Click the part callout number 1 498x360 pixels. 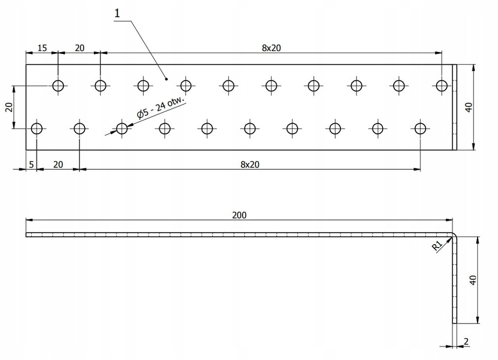pyautogui.click(x=117, y=13)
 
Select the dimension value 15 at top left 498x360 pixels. pyautogui.click(x=42, y=48)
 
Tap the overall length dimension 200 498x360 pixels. pyautogui.click(x=239, y=215)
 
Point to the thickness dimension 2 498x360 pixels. pyautogui.click(x=466, y=342)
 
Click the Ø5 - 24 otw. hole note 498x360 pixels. pyautogui.click(x=161, y=108)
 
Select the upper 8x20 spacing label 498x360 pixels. pyautogui.click(x=271, y=48)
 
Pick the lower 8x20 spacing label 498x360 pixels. pyautogui.click(x=250, y=164)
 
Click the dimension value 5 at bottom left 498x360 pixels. pyautogui.click(x=31, y=164)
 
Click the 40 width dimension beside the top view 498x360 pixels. pyautogui.click(x=469, y=107)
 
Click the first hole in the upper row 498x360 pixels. pyautogui.click(x=58, y=86)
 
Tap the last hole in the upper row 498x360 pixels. pyautogui.click(x=442, y=86)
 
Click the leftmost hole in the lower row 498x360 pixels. pyautogui.click(x=37, y=128)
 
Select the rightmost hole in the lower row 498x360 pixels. pyautogui.click(x=420, y=128)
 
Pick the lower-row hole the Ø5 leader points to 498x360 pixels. pyautogui.click(x=122, y=128)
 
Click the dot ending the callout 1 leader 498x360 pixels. pyautogui.click(x=167, y=78)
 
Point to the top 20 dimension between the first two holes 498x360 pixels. pyautogui.click(x=79, y=48)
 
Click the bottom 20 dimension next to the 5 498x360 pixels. pyautogui.click(x=58, y=164)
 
